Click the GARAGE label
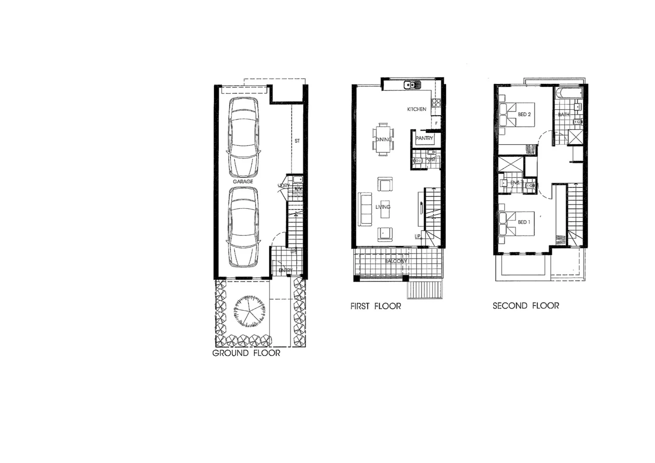(x=243, y=181)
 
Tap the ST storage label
(x=297, y=141)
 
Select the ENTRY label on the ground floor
(x=285, y=270)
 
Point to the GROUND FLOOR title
(x=246, y=353)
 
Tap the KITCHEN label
(x=417, y=109)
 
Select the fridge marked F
(x=436, y=123)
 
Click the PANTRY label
(x=424, y=138)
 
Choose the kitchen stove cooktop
(x=436, y=102)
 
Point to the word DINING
(x=384, y=139)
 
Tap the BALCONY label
(x=396, y=261)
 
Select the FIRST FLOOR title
(x=376, y=307)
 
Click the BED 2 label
(x=524, y=114)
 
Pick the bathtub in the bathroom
(x=567, y=93)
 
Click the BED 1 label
(x=524, y=222)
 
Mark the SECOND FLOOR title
(x=526, y=306)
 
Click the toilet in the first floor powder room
(x=418, y=161)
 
